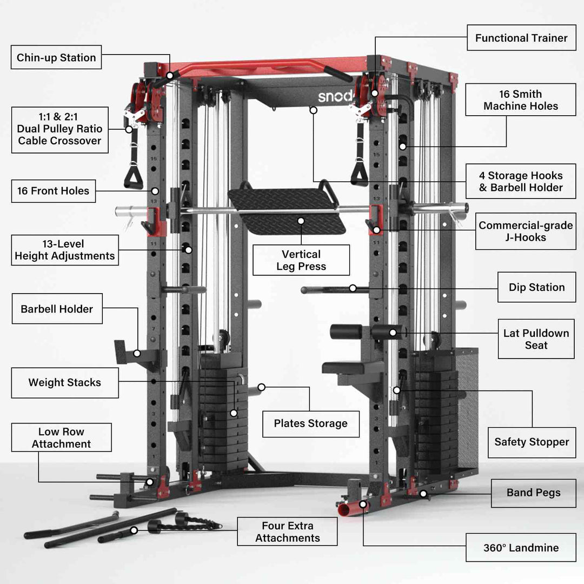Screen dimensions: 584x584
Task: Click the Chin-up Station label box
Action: click(56, 57)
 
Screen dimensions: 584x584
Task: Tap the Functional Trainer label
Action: click(521, 38)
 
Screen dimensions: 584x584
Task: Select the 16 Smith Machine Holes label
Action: click(520, 100)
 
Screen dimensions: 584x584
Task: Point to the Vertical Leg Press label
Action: click(301, 260)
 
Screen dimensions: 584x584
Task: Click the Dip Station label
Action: click(536, 287)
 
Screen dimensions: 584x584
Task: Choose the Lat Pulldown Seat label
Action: click(536, 339)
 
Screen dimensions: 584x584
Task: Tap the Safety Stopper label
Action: click(532, 442)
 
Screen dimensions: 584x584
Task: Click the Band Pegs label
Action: click(533, 493)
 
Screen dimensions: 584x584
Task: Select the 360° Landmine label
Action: click(521, 547)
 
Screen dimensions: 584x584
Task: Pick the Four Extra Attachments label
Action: click(287, 532)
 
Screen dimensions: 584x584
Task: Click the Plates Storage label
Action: click(310, 423)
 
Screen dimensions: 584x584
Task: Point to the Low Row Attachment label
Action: click(61, 437)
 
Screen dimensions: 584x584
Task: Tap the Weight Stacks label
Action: click(64, 382)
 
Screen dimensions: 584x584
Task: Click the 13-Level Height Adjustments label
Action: click(65, 250)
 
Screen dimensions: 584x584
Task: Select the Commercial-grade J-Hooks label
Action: click(526, 231)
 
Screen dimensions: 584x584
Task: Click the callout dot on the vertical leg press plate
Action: click(301, 221)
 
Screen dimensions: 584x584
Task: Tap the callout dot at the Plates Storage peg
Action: click(261, 387)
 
